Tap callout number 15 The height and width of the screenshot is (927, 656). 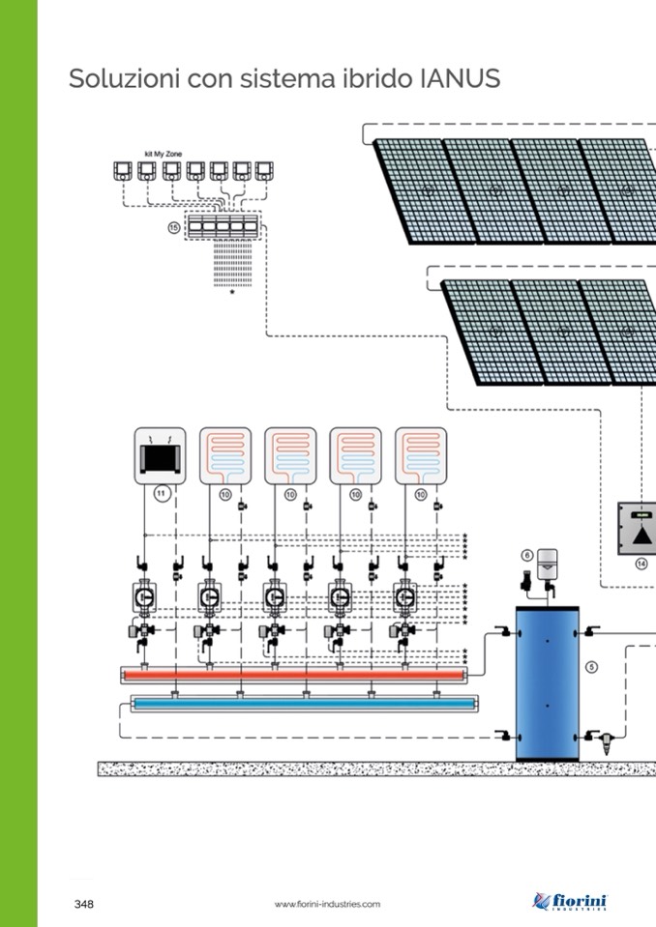point(174,228)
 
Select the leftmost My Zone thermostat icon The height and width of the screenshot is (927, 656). point(124,172)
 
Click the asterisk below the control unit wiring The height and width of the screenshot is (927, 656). point(232,292)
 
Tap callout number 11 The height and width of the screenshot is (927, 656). point(161,495)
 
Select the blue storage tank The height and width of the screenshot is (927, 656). point(548,682)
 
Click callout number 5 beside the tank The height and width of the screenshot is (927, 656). point(592,667)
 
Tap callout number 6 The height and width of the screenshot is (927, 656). point(527,555)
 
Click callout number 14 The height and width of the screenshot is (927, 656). point(641,564)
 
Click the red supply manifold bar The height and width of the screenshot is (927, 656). point(290,675)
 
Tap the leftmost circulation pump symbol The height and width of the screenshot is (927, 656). point(142,597)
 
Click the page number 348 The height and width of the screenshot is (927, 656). point(84,904)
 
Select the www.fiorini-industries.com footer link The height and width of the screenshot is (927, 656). point(327,904)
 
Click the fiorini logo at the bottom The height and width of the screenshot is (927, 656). point(570,901)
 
